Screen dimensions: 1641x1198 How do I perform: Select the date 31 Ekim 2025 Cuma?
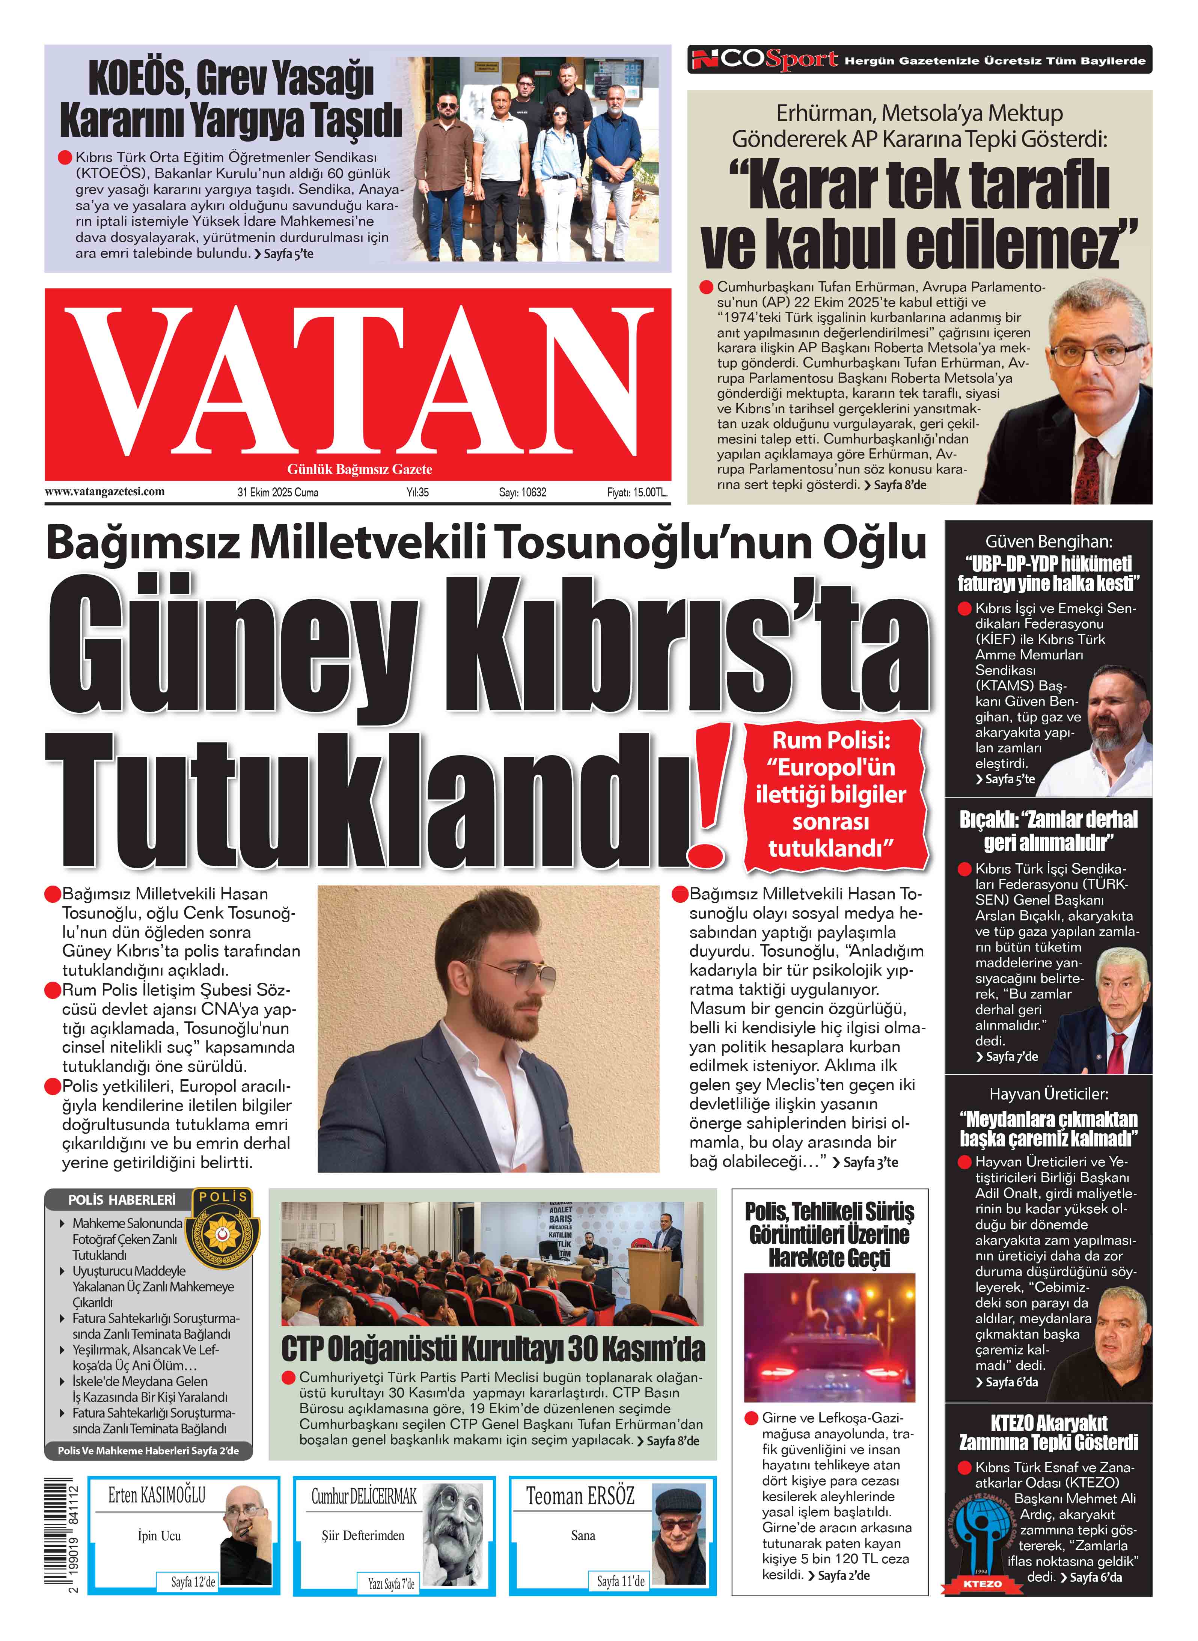[278, 492]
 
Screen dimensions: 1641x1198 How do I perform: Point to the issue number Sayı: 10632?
[522, 492]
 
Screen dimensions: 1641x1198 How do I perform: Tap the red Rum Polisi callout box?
[832, 795]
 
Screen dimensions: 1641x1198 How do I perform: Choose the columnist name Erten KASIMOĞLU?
[157, 1495]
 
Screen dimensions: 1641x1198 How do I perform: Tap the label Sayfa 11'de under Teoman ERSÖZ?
[621, 1582]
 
